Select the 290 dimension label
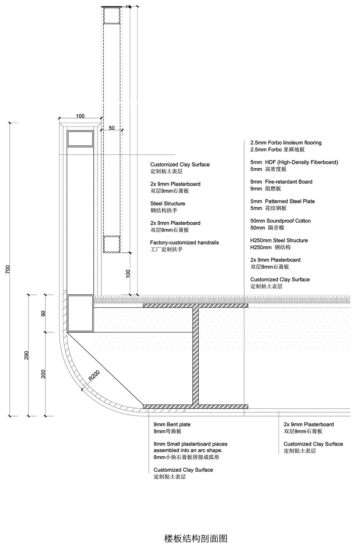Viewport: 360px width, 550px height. tap(26, 355)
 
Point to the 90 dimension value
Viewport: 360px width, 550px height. tap(43, 314)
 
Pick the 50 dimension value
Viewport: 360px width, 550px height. tap(112, 128)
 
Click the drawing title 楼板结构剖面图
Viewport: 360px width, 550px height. tap(196, 538)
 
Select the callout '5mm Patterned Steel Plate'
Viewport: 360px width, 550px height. tap(282, 201)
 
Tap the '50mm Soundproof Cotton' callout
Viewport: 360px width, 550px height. tap(280, 221)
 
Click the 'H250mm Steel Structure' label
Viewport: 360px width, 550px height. tap(279, 240)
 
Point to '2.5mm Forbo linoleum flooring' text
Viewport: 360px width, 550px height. tap(286, 142)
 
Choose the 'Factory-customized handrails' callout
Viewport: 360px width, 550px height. tap(184, 243)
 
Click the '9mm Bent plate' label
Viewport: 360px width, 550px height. tap(172, 424)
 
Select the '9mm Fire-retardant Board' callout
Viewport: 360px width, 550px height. tap(281, 182)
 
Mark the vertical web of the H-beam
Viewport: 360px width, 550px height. tap(196, 356)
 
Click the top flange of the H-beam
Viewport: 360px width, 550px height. tap(195, 306)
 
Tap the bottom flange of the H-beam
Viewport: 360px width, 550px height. tap(195, 406)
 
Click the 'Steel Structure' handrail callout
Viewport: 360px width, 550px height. tap(168, 204)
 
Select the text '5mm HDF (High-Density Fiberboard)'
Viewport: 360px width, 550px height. tap(294, 162)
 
